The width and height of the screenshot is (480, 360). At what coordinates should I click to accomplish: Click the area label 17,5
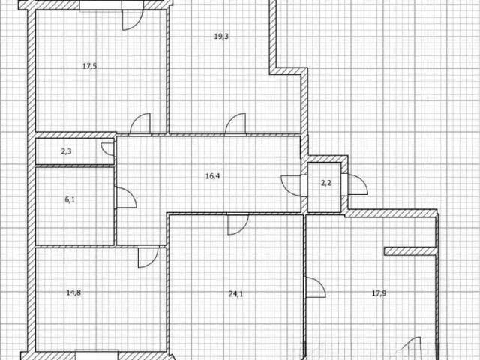tap(90, 66)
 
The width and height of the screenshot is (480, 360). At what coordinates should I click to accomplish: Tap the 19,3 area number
tap(221, 37)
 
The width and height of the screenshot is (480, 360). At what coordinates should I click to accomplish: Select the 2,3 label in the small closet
tap(67, 151)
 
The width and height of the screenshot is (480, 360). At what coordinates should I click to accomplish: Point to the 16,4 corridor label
tap(213, 176)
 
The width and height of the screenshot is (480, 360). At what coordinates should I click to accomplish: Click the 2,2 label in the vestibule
tap(326, 183)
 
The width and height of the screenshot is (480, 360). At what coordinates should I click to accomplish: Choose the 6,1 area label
tap(70, 200)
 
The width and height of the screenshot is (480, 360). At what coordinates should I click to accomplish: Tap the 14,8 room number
tap(73, 292)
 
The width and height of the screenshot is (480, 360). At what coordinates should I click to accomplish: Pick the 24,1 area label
tap(236, 294)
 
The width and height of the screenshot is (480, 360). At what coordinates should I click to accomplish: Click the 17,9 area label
tap(379, 293)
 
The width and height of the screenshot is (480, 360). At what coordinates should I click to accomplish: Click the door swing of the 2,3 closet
tap(107, 149)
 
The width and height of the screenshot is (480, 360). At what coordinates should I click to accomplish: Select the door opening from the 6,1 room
tap(125, 198)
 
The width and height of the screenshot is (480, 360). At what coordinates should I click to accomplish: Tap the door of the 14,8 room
tap(148, 257)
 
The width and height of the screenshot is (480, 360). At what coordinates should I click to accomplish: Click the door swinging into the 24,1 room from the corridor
tap(238, 224)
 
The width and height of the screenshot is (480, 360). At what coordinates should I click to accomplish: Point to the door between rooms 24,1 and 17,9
tap(315, 287)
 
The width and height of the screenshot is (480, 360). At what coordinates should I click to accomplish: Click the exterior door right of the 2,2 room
tap(357, 184)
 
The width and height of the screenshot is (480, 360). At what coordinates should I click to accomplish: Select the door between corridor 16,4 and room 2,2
tap(292, 186)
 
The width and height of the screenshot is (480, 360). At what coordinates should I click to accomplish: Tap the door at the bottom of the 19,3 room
tap(235, 124)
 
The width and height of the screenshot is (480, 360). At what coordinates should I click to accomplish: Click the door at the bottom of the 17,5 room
tap(140, 124)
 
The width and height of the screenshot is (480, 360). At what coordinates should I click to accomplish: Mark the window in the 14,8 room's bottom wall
tap(97, 355)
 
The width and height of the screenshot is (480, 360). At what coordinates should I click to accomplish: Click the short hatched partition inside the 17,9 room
tap(410, 251)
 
